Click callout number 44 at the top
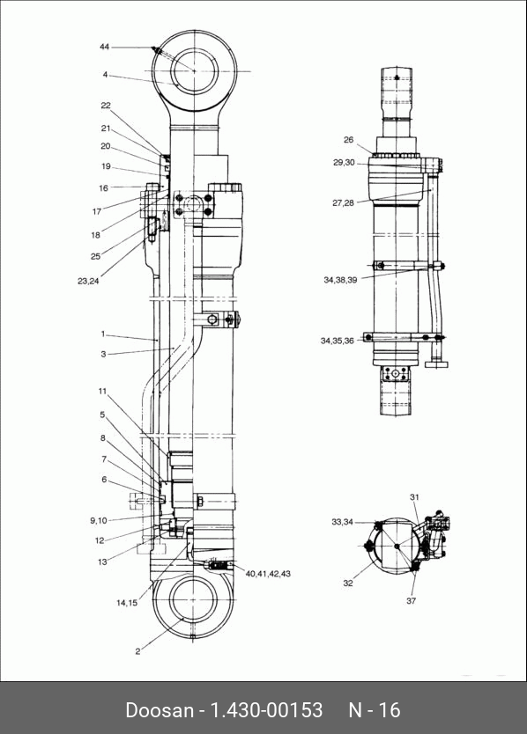pyautogui.click(x=104, y=47)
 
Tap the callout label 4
pyautogui.click(x=106, y=75)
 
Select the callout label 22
pyautogui.click(x=106, y=106)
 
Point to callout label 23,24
pyautogui.click(x=88, y=282)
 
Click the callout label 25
pyautogui.click(x=96, y=256)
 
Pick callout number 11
pyautogui.click(x=103, y=392)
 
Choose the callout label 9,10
pyautogui.click(x=99, y=520)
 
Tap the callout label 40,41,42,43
pyautogui.click(x=268, y=574)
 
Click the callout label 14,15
pyautogui.click(x=127, y=603)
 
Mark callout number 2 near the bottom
pyautogui.click(x=137, y=651)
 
